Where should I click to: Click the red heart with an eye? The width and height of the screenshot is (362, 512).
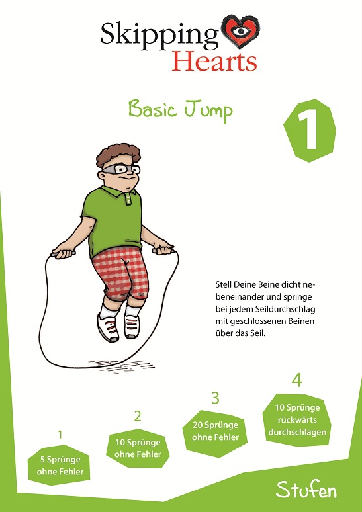click(x=241, y=31)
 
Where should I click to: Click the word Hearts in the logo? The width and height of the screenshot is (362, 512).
click(x=214, y=61)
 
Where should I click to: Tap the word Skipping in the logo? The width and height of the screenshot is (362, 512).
click(x=159, y=36)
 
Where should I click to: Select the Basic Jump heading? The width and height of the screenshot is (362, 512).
click(x=181, y=110)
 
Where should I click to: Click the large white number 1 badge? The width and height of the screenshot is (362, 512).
click(x=310, y=130)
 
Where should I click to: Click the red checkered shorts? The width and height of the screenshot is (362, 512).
click(x=120, y=273)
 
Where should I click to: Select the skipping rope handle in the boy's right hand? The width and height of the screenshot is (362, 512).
click(x=63, y=253)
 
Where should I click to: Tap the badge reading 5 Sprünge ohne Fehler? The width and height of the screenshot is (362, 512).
click(x=60, y=465)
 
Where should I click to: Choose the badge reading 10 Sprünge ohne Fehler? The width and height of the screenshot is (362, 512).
click(x=138, y=448)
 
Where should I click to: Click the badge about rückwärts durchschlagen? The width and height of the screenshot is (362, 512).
click(x=296, y=420)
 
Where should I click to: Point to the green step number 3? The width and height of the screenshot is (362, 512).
click(x=215, y=398)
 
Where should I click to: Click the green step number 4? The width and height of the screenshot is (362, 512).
click(x=296, y=380)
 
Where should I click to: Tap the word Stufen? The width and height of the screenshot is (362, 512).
click(x=306, y=490)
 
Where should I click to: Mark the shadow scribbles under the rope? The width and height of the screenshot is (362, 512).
click(x=121, y=366)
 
